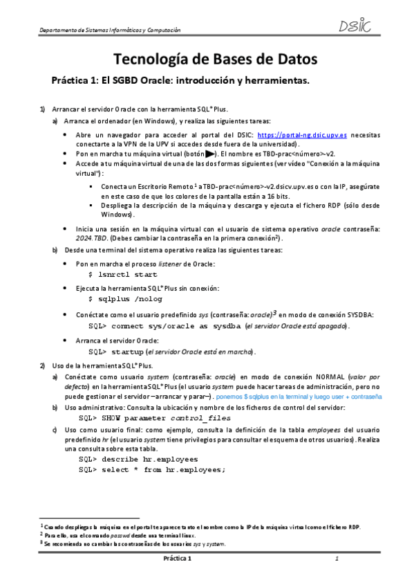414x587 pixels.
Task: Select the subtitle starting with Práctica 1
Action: click(x=180, y=81)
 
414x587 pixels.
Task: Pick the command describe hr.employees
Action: click(x=138, y=458)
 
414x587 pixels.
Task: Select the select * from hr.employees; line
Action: click(x=153, y=469)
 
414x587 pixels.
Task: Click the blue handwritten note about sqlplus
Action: click(x=333, y=398)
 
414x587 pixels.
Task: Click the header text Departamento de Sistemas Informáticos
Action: click(x=110, y=30)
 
